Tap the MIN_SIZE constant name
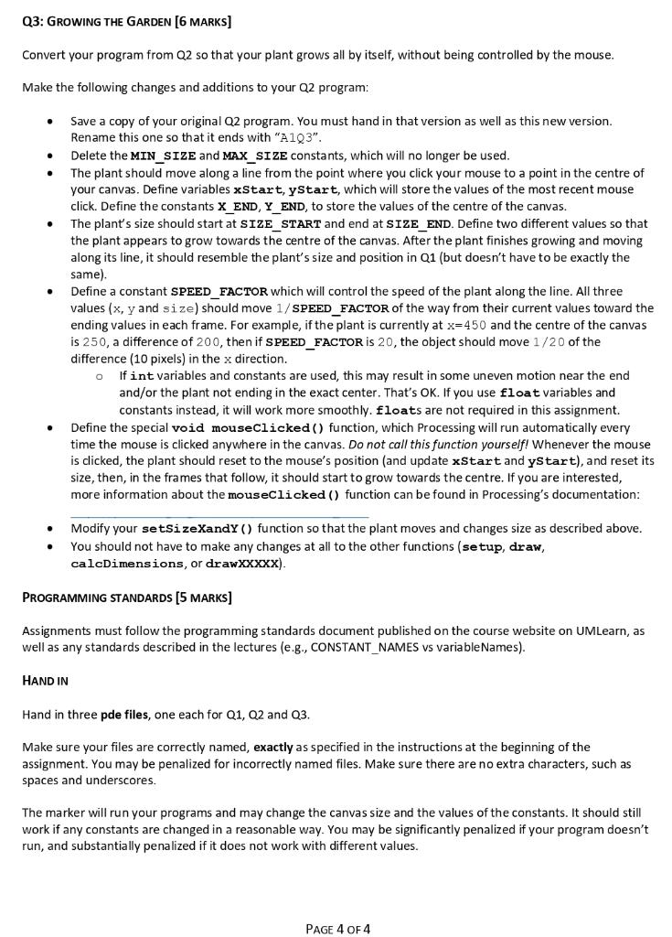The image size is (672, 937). (x=165, y=155)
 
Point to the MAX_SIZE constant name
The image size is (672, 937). (x=244, y=155)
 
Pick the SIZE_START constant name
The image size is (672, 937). (x=280, y=223)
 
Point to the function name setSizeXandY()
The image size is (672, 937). (x=197, y=529)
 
